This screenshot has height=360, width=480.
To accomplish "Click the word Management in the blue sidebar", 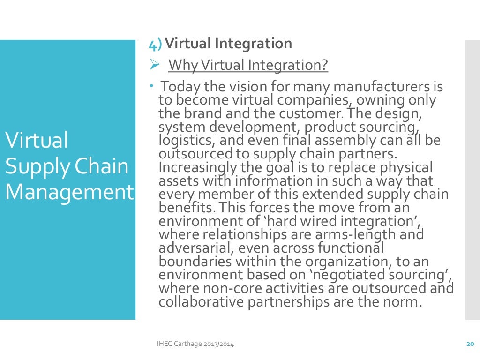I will tap(69, 193).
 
